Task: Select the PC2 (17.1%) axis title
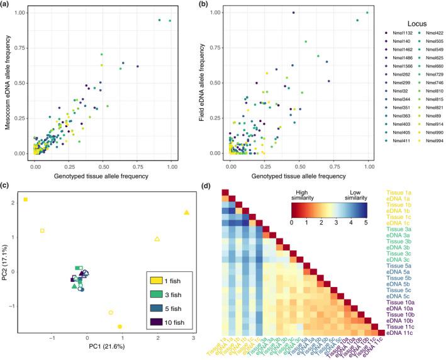(8, 259)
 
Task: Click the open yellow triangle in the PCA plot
(157, 239)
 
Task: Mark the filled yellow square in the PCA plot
(26, 200)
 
